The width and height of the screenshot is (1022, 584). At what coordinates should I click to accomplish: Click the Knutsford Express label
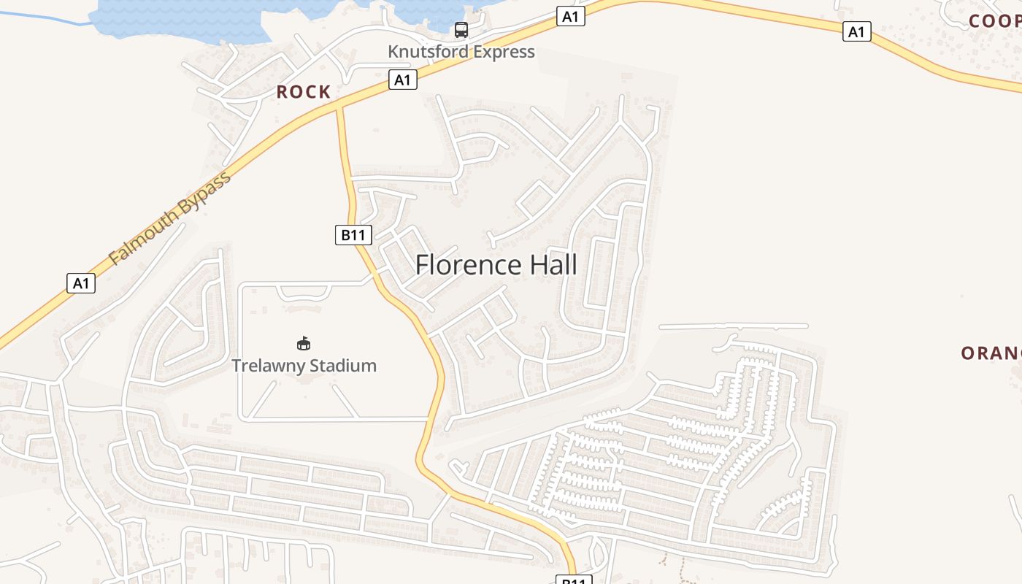(461, 52)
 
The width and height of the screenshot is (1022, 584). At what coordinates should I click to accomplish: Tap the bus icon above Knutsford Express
(461, 30)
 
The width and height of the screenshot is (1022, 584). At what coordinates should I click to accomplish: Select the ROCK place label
(304, 92)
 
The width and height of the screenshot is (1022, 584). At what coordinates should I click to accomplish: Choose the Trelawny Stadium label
(304, 365)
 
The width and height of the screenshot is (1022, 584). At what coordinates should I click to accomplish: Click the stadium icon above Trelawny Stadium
(304, 343)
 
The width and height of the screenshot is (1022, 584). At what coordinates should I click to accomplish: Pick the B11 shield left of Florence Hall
(353, 235)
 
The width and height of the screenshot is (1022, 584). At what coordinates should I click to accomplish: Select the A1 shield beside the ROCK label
(402, 80)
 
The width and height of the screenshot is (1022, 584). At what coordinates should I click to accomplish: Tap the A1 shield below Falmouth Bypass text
(81, 283)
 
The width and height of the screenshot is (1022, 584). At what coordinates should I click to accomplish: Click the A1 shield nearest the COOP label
(856, 31)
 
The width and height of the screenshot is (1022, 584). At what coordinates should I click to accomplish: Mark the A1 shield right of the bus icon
(570, 16)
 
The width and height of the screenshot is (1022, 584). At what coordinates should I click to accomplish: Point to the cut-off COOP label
(994, 21)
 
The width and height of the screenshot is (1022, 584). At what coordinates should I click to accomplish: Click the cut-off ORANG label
(991, 353)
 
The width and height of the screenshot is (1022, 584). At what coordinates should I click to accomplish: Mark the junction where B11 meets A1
(339, 107)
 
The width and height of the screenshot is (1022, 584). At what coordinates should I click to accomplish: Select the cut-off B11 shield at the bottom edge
(573, 580)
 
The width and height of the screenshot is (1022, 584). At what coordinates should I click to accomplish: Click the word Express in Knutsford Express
(504, 52)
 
